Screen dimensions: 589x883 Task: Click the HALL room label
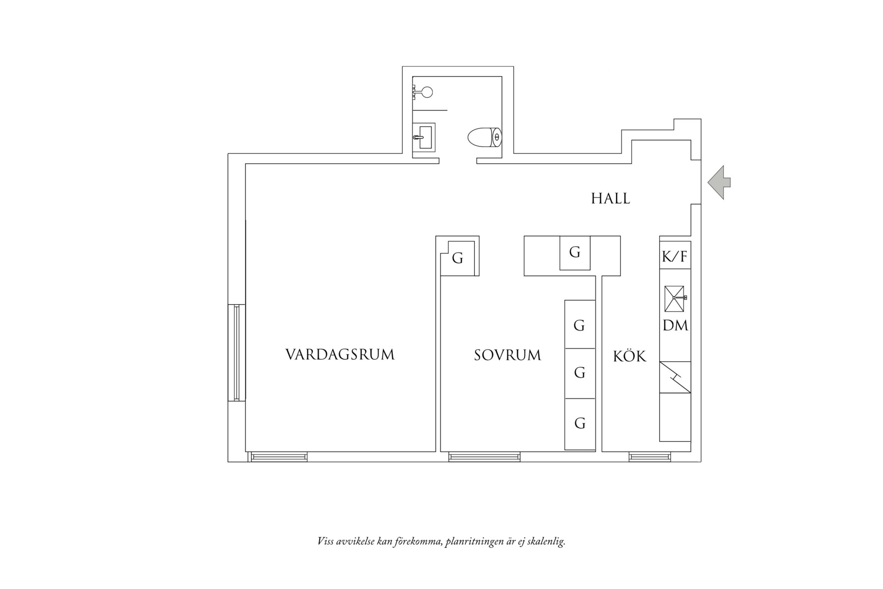point(610,198)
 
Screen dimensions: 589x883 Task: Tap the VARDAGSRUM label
point(340,355)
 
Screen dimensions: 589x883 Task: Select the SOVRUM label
point(507,355)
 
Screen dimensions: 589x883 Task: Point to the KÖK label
point(630,356)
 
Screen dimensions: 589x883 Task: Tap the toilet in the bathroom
point(485,137)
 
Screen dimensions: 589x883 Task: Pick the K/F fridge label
point(675,257)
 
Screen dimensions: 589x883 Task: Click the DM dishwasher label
point(675,326)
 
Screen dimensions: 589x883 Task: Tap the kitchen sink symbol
point(674,298)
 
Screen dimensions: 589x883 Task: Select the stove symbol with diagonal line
point(675,378)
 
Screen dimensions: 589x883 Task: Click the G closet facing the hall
point(574,253)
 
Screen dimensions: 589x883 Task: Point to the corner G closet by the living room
point(457,259)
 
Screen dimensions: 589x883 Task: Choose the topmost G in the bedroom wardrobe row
point(579,326)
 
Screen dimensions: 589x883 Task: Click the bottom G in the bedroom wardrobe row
point(579,423)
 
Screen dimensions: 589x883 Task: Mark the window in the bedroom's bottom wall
point(484,457)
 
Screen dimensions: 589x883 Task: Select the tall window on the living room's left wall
point(237,353)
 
